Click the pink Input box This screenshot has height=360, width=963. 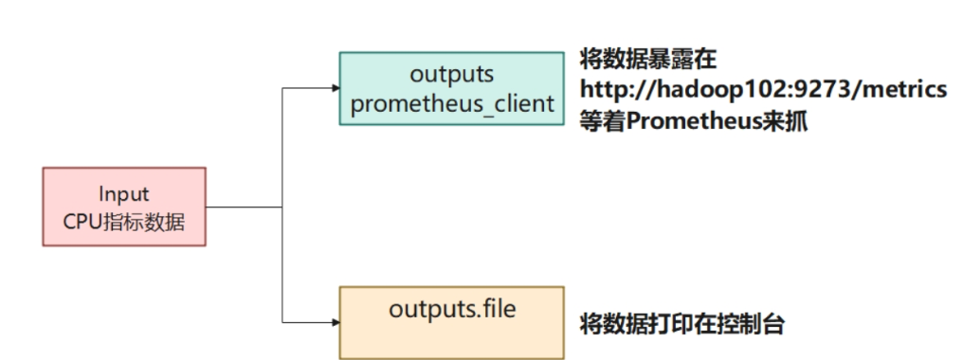pos(124,207)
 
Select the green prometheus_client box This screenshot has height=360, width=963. pos(452,88)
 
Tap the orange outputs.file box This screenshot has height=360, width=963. pos(452,322)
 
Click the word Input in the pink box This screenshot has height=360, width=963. pos(124,194)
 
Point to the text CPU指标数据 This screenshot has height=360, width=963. pos(124,221)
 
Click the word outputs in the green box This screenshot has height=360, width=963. pos(452,74)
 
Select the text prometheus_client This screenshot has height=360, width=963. pos(452,102)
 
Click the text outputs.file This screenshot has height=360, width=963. pos(452,310)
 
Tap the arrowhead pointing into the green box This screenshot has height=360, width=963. pos(335,88)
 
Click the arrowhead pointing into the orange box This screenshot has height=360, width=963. pos(335,322)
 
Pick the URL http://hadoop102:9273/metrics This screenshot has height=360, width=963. pos(763,89)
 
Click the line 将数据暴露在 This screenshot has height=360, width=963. pos(648,59)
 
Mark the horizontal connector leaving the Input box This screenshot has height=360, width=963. pos(244,207)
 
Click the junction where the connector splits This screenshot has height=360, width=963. pos(282,207)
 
